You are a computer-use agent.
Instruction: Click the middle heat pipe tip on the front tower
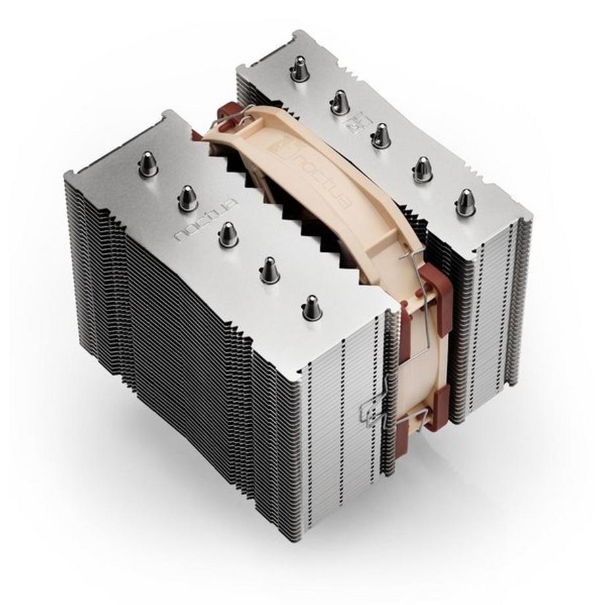click(x=228, y=234)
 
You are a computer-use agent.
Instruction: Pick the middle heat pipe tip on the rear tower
click(x=381, y=136)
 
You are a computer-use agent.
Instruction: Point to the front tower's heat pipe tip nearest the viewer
click(x=312, y=307)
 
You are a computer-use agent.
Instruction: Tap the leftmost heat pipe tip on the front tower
click(x=148, y=164)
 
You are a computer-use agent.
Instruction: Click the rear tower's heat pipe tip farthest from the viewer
click(x=300, y=68)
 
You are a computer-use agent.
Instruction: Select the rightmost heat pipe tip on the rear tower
click(x=466, y=202)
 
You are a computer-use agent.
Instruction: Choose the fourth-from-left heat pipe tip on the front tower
click(x=269, y=270)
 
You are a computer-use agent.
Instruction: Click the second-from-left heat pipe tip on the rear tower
click(x=340, y=102)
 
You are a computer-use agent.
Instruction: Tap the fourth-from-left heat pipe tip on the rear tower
click(x=423, y=170)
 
